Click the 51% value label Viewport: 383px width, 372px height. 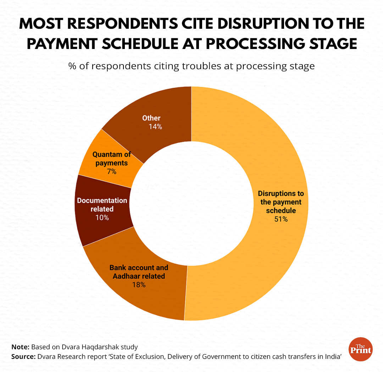tap(281, 219)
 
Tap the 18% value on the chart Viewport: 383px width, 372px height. tap(138, 285)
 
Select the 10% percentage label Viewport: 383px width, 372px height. tap(102, 218)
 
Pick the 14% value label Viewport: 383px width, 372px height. tap(155, 126)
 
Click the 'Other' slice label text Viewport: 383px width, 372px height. tap(151, 118)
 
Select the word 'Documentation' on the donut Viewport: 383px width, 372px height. tap(102, 201)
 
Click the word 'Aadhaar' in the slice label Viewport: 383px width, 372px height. tap(124, 276)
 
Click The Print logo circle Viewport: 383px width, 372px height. tap(361, 349)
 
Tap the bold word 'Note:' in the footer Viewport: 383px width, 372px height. tap(21, 347)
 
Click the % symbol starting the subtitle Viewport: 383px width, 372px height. tap(72, 66)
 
